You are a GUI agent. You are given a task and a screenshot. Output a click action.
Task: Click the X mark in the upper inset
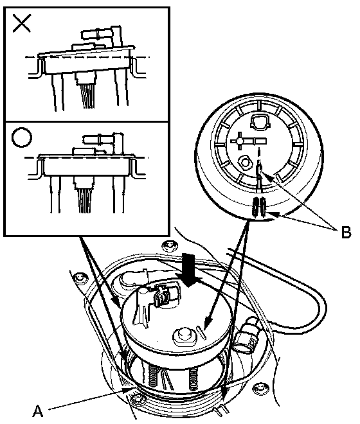tap(22, 23)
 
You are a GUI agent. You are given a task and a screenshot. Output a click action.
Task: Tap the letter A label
tap(38, 411)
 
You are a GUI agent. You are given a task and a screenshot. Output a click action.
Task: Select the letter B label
tap(346, 232)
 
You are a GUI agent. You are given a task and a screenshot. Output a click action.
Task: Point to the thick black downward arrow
tap(188, 270)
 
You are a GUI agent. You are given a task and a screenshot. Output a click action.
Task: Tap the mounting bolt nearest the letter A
tap(137, 400)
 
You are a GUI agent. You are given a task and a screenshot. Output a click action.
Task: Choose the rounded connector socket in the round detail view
tap(260, 121)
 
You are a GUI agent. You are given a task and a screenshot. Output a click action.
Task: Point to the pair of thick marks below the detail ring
tap(259, 207)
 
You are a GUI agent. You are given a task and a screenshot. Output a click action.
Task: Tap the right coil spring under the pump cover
tap(193, 377)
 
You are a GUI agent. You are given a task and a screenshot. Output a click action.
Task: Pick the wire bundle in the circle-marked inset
tap(86, 200)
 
